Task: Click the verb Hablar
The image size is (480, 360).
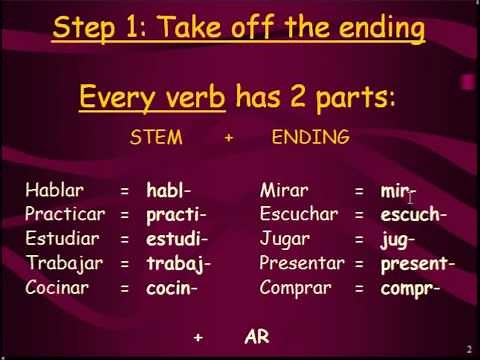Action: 54,190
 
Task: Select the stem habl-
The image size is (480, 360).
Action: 168,190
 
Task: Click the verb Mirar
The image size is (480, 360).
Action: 284,190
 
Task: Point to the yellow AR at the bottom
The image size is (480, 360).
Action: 257,337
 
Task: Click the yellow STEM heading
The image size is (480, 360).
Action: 156,138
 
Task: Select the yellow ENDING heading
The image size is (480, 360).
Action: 310,138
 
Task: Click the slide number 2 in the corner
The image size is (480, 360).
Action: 469,348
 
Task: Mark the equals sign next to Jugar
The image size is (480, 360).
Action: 358,240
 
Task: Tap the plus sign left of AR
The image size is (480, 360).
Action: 199,338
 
